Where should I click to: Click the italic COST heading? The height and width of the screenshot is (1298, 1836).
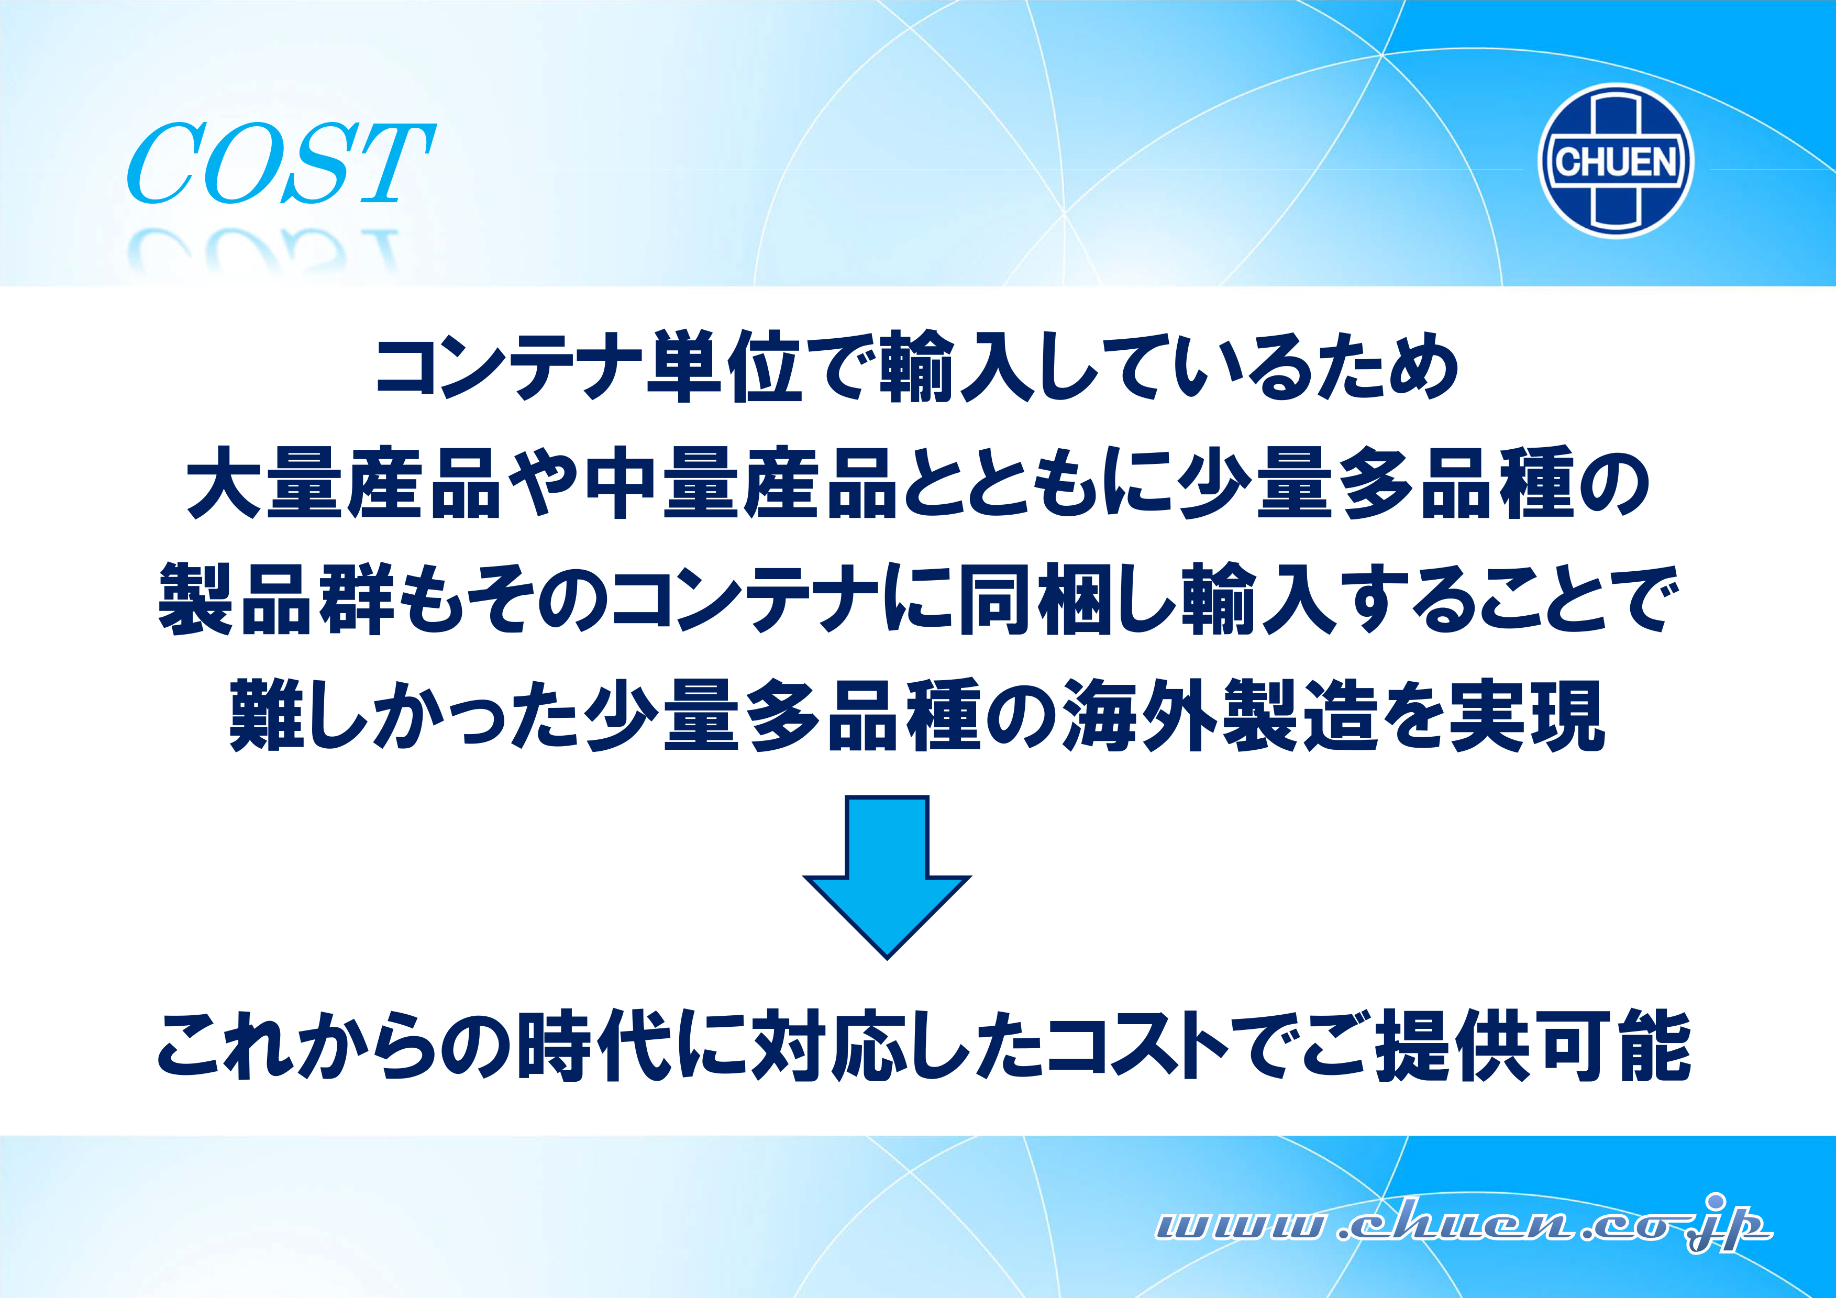282,163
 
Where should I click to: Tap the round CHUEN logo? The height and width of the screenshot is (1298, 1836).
1616,161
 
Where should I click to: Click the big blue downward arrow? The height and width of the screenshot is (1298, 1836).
887,877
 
